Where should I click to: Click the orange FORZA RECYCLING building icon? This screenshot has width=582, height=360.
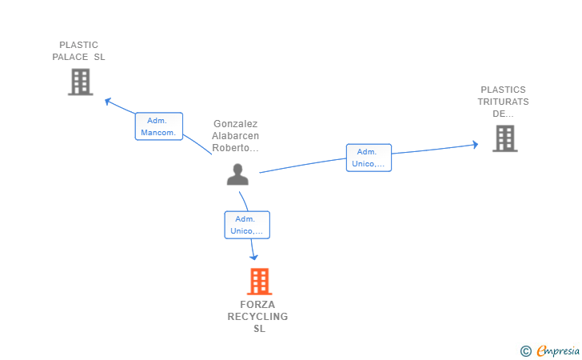point(260,282)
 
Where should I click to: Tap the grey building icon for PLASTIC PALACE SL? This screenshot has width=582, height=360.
point(81,82)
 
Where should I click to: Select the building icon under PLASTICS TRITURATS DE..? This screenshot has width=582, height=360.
point(504,138)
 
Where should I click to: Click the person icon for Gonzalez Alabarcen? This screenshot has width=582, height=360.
point(237,174)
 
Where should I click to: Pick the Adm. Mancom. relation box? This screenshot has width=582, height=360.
point(159,126)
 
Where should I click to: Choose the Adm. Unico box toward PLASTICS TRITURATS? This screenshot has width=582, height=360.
point(369,158)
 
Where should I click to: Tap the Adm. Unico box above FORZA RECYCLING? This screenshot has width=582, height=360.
point(247,225)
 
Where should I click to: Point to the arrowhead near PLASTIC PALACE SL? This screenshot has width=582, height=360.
point(108,101)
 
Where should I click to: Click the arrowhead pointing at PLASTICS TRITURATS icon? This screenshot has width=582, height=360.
point(475,145)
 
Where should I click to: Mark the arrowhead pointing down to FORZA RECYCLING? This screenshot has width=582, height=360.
point(253,257)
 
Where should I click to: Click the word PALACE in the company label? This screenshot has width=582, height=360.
point(70,57)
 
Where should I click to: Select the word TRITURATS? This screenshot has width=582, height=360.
point(503,102)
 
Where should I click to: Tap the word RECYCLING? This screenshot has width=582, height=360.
point(257,317)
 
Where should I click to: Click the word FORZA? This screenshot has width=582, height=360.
point(257,305)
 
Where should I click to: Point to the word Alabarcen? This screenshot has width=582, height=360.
point(235,136)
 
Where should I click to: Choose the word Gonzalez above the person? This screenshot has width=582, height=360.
point(235,124)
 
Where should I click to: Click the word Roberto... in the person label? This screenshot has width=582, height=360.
point(235,148)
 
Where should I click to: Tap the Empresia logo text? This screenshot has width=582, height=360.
point(558,351)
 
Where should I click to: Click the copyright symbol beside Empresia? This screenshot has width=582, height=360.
point(525,351)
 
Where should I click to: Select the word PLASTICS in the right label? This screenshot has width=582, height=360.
point(503,90)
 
